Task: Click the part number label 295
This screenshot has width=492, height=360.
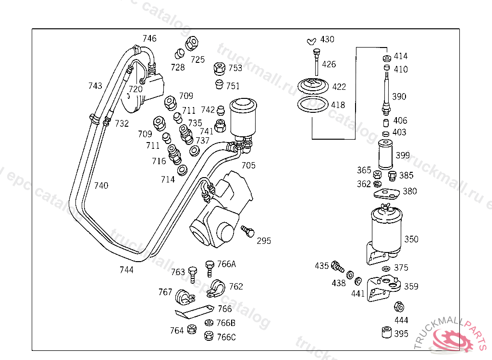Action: point(264,240)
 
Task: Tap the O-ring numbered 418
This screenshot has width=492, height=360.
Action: point(312,105)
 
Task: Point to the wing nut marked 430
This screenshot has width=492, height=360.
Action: point(312,40)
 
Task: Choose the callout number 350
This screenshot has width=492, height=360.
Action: point(411,239)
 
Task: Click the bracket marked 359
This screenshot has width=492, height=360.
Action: point(383,288)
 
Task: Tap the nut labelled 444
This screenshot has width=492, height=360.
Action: point(399,307)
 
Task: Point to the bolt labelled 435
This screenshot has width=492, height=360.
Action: point(338,266)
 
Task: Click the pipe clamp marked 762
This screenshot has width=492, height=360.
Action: point(216,288)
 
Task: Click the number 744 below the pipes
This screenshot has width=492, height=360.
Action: point(126,270)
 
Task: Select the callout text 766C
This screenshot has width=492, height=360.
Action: point(226,337)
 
